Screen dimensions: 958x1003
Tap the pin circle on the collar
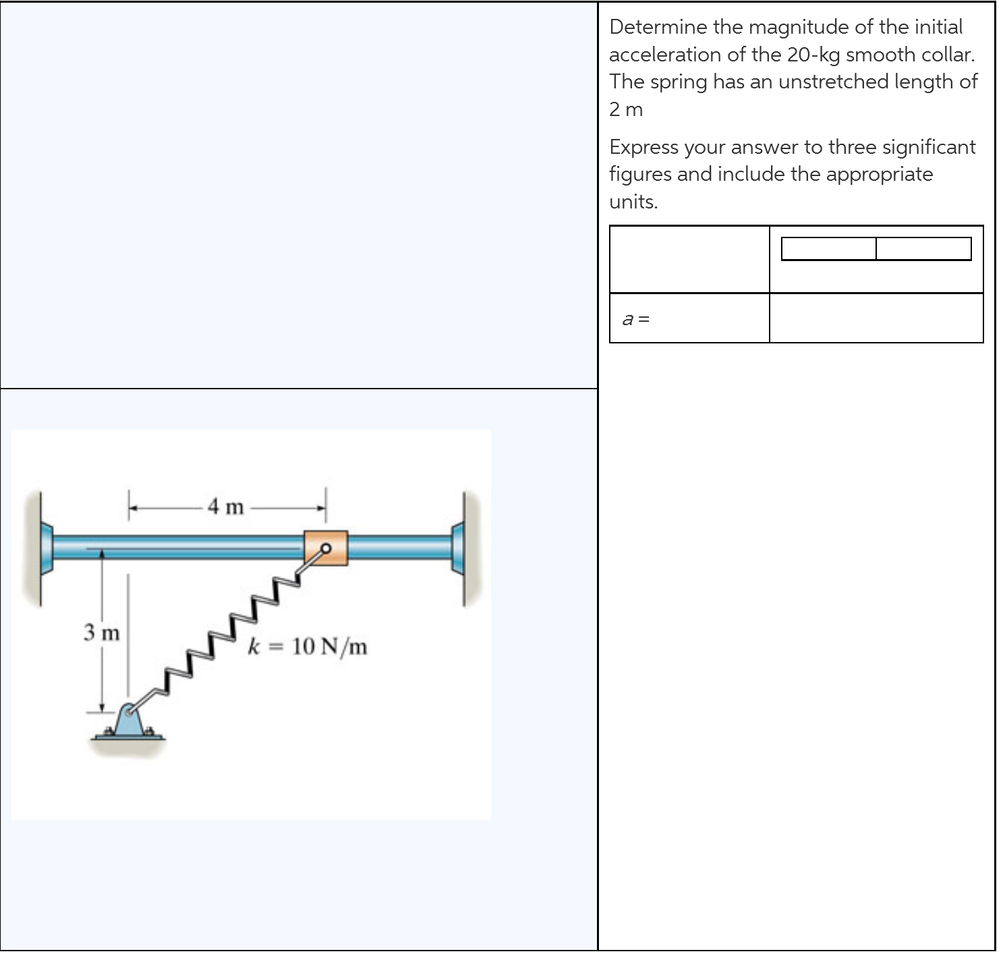(326, 548)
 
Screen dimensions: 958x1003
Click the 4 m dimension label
(226, 506)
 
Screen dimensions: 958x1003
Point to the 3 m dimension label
(101, 633)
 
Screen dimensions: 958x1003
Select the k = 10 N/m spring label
(308, 646)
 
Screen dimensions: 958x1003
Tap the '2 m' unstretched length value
(626, 109)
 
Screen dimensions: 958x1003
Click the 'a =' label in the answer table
(635, 319)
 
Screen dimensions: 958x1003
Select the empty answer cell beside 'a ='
(876, 318)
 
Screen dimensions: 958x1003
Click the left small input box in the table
(828, 249)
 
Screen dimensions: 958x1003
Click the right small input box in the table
(923, 249)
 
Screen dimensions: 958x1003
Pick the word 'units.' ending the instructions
(633, 202)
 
